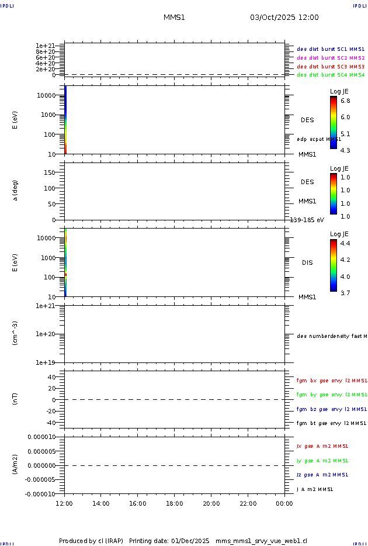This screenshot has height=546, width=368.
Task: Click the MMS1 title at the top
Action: tap(174, 18)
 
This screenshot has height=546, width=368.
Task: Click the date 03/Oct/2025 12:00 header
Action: tap(284, 18)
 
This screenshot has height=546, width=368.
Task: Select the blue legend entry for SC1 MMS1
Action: tap(331, 50)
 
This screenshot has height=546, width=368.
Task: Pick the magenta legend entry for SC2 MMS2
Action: tap(331, 58)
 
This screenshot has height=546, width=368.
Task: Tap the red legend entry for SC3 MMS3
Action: tap(331, 67)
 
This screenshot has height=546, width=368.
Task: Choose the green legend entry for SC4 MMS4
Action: tap(331, 75)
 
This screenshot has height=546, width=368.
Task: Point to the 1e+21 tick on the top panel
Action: tap(45, 46)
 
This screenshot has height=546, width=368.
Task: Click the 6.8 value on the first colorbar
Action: tap(345, 101)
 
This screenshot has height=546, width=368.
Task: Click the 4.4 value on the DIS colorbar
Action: tap(345, 243)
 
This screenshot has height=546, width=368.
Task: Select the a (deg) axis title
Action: tap(16, 189)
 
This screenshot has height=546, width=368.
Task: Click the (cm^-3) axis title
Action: tap(16, 333)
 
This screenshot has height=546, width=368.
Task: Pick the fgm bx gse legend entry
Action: tap(331, 381)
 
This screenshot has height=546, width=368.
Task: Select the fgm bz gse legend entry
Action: tap(331, 409)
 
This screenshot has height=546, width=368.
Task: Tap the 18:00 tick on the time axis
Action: tap(175, 503)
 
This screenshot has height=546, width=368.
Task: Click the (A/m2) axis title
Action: tap(16, 465)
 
